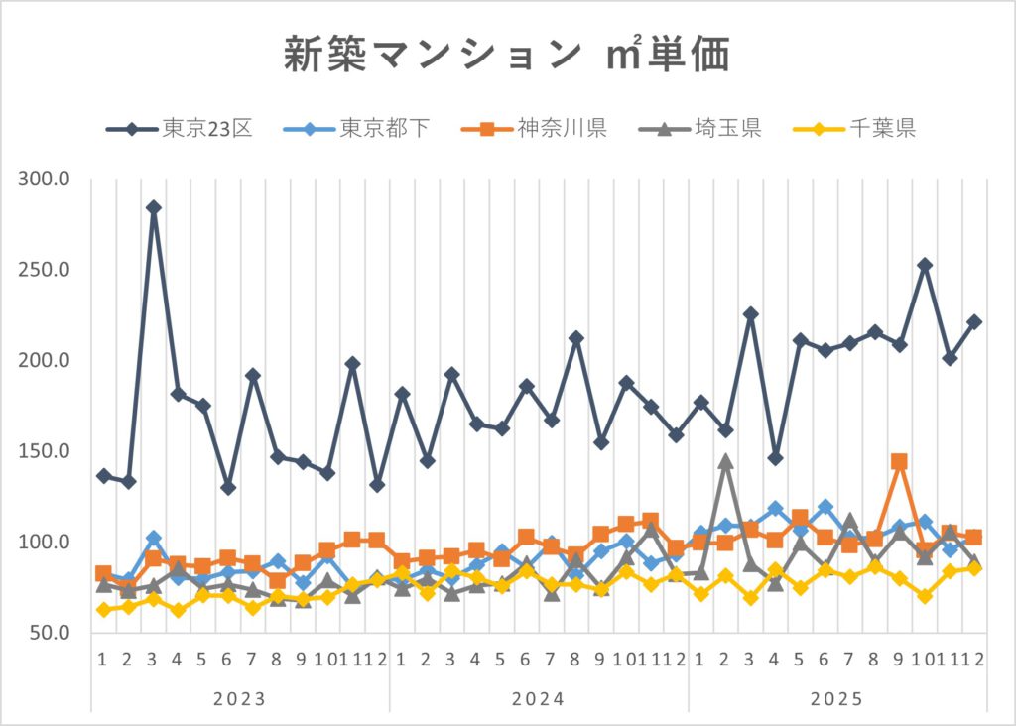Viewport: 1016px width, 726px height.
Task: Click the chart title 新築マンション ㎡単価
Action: (507, 56)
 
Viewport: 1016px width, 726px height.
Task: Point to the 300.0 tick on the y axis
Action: (43, 180)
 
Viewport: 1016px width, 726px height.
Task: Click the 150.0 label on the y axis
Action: (43, 451)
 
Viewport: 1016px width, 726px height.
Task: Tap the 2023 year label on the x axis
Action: (240, 699)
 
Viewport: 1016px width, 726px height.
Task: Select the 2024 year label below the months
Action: (539, 699)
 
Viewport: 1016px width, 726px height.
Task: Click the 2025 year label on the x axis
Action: (837, 699)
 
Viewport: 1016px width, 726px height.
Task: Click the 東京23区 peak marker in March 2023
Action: (153, 208)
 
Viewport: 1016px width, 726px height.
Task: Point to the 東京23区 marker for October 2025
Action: (925, 266)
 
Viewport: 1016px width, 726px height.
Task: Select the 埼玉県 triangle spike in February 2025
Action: (725, 461)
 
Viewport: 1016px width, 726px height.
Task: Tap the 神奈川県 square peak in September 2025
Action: (899, 462)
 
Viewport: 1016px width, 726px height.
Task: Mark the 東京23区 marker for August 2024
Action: (575, 339)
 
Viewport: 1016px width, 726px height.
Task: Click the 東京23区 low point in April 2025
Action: (775, 458)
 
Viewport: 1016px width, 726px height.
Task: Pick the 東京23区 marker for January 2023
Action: (103, 476)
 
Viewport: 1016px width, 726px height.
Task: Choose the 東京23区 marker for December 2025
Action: (974, 322)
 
